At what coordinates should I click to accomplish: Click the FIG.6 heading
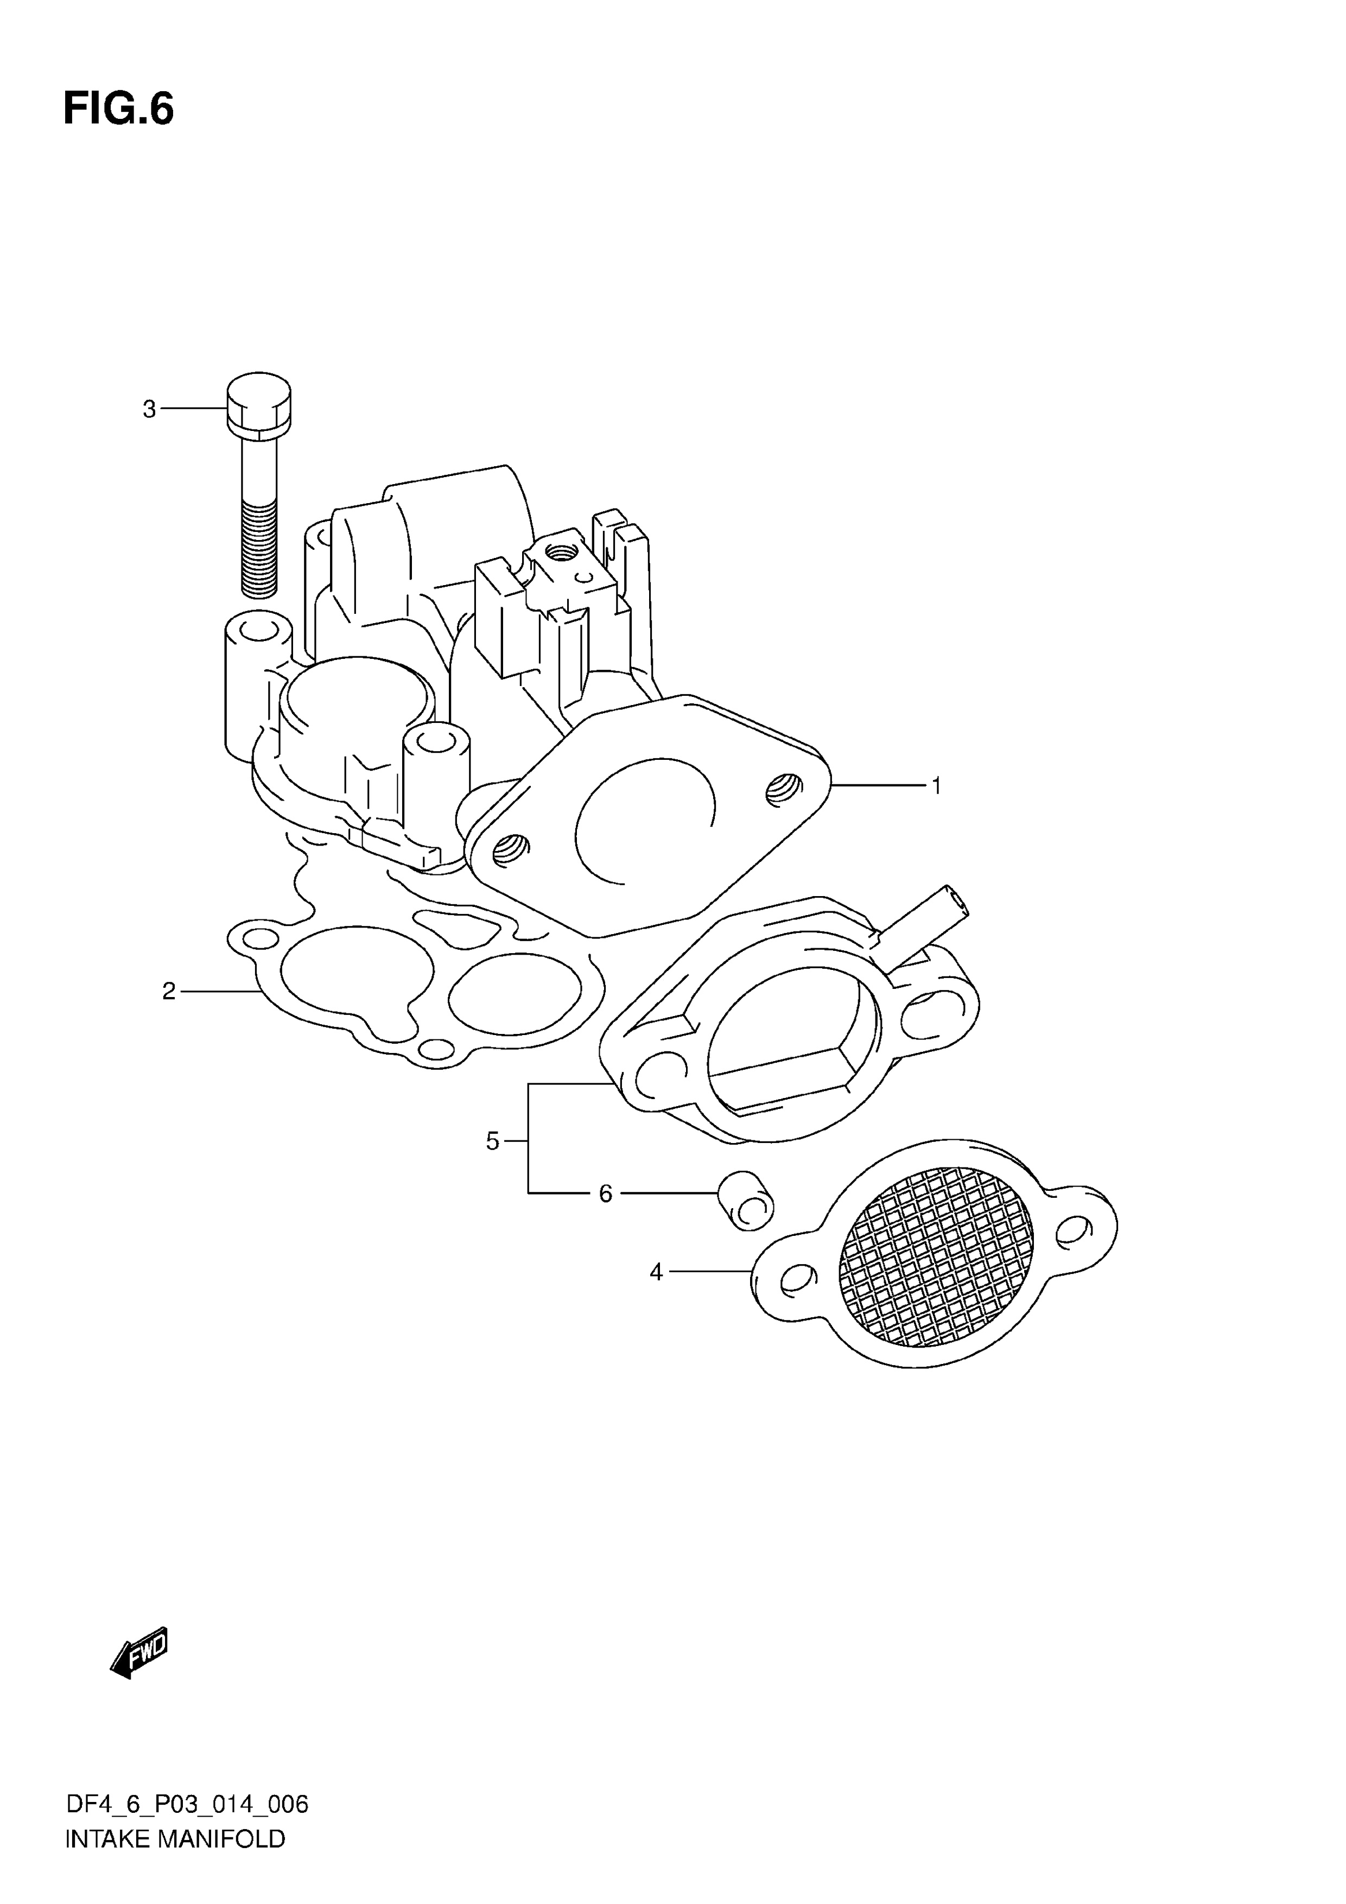[119, 110]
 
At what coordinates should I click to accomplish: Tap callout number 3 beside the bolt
[149, 409]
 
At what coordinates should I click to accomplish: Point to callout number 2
[169, 991]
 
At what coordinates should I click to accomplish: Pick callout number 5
[493, 1142]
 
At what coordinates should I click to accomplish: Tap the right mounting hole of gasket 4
[1073, 1230]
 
